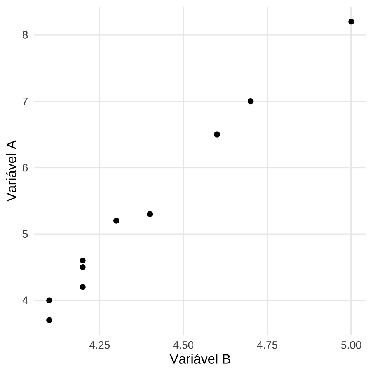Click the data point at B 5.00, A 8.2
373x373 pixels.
(351, 21)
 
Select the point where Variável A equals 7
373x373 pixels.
(250, 101)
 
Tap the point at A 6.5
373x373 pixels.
(217, 134)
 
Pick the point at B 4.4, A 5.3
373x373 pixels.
(150, 214)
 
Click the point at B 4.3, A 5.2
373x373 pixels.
(116, 221)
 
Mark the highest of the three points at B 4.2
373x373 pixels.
(82, 260)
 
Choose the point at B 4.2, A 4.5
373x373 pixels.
(82, 267)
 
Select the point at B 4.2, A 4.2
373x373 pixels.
(82, 287)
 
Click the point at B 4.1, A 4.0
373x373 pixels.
(49, 300)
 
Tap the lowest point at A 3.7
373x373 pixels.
(49, 320)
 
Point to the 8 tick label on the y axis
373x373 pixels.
(25, 35)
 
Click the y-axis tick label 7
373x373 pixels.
(25, 101)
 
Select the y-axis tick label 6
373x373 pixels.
(25, 168)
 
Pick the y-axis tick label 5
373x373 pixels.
(25, 234)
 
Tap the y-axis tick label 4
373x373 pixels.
(25, 301)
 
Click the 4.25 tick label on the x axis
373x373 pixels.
(99, 345)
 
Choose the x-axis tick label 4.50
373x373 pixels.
(183, 345)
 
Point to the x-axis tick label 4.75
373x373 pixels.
(267, 345)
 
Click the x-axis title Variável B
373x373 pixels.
(200, 359)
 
